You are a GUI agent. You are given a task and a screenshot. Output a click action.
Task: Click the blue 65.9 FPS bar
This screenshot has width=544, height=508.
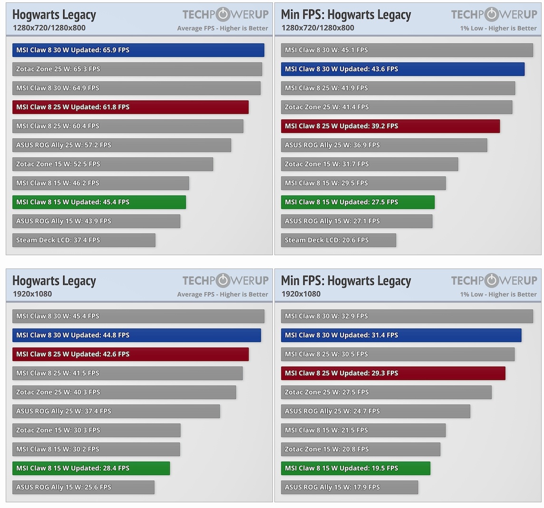pos(138,50)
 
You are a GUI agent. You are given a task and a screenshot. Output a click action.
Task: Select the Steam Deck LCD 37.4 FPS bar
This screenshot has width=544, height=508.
pos(84,240)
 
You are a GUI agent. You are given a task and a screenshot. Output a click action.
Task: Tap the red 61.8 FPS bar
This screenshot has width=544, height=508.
pos(130,107)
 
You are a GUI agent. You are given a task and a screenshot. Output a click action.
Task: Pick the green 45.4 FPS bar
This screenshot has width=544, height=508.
pos(99,202)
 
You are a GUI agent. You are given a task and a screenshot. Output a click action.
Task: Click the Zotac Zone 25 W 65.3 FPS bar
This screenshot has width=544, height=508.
pos(137,69)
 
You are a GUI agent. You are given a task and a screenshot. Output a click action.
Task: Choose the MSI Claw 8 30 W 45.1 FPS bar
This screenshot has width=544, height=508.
pos(407,50)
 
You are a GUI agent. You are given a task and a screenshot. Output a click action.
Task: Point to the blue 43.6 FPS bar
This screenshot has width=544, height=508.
pos(402,69)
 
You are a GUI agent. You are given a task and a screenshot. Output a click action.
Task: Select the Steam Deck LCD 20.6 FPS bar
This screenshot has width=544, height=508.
pos(338,240)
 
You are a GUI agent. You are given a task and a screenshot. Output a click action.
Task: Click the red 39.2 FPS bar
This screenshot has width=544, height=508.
pos(390,126)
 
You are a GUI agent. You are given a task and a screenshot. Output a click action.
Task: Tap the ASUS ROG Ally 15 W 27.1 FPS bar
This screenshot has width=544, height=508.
pos(357,221)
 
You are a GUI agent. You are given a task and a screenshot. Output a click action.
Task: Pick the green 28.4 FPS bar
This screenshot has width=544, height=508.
pos(91,468)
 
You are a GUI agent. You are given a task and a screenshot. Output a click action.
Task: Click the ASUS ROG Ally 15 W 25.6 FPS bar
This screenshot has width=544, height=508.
pos(83,487)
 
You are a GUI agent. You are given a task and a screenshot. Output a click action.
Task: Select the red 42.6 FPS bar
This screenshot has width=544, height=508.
pos(130,354)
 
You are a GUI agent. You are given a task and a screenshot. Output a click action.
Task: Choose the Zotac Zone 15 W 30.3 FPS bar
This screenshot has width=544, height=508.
pos(96,430)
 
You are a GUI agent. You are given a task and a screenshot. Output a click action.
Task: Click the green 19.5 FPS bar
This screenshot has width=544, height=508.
pos(355,468)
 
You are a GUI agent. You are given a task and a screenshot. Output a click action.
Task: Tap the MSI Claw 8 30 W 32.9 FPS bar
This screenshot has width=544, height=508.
pos(407,316)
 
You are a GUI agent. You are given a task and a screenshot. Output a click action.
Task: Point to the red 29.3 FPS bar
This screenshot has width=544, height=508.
pos(393,373)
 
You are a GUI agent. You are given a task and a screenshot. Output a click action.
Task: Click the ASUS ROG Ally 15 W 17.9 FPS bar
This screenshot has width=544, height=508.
pos(349,487)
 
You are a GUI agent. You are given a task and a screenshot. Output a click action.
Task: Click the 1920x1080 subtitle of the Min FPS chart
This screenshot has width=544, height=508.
pos(301,294)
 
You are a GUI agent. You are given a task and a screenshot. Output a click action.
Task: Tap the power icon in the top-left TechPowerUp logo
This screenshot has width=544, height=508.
pos(223,14)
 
